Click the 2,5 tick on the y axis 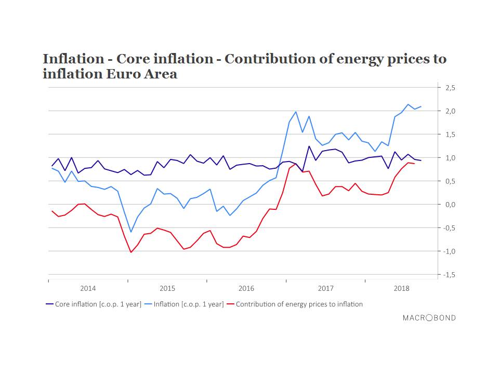pyautogui.click(x=450, y=88)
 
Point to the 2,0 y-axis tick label pyautogui.click(x=450, y=111)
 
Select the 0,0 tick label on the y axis pyautogui.click(x=450, y=205)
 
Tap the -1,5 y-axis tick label pyautogui.click(x=449, y=275)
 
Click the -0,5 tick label pyautogui.click(x=449, y=228)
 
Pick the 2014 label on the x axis pyautogui.click(x=88, y=288)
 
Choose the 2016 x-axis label pyautogui.click(x=246, y=288)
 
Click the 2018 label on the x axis pyautogui.click(x=401, y=288)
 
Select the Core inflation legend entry pyautogui.click(x=93, y=304)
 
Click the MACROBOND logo pyautogui.click(x=429, y=317)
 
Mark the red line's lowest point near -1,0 pyautogui.click(x=131, y=252)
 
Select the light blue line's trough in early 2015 pyautogui.click(x=131, y=232)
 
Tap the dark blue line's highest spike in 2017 pyautogui.click(x=309, y=146)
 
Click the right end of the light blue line pyautogui.click(x=421, y=106)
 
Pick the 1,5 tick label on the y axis pyautogui.click(x=450, y=135)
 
